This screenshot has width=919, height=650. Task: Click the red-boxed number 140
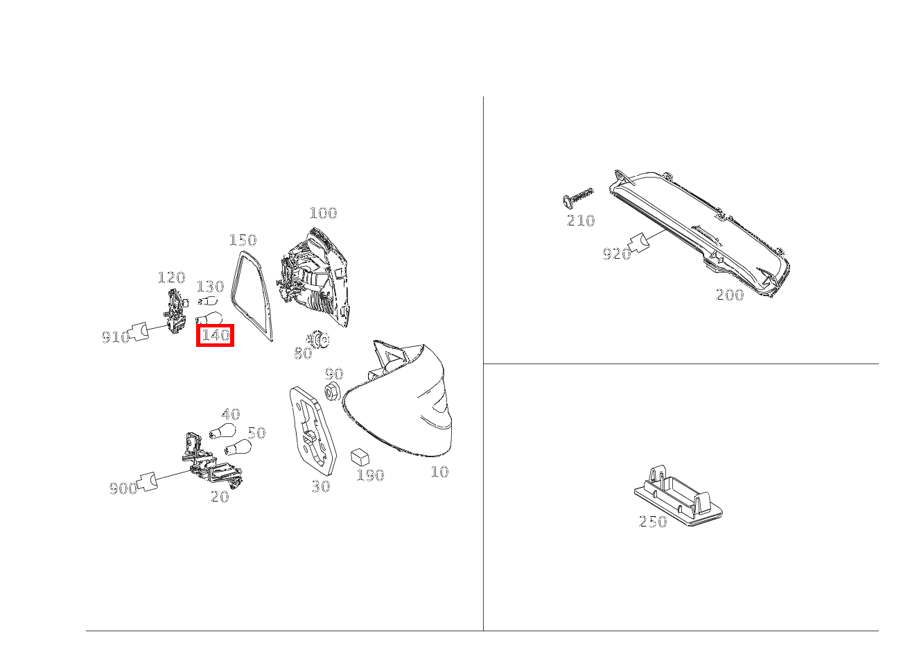tap(215, 336)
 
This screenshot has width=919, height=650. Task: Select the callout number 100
tap(322, 213)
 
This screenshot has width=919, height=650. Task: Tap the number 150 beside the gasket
tap(243, 240)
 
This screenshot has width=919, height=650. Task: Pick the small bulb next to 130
tap(207, 301)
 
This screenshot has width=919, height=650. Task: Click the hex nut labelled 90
tap(331, 391)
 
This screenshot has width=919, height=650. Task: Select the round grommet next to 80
tap(320, 340)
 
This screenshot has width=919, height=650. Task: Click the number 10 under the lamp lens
tap(439, 472)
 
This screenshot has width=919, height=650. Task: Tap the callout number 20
tap(220, 497)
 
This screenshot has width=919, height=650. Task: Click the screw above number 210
tap(577, 196)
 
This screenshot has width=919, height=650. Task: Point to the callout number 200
tap(729, 295)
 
